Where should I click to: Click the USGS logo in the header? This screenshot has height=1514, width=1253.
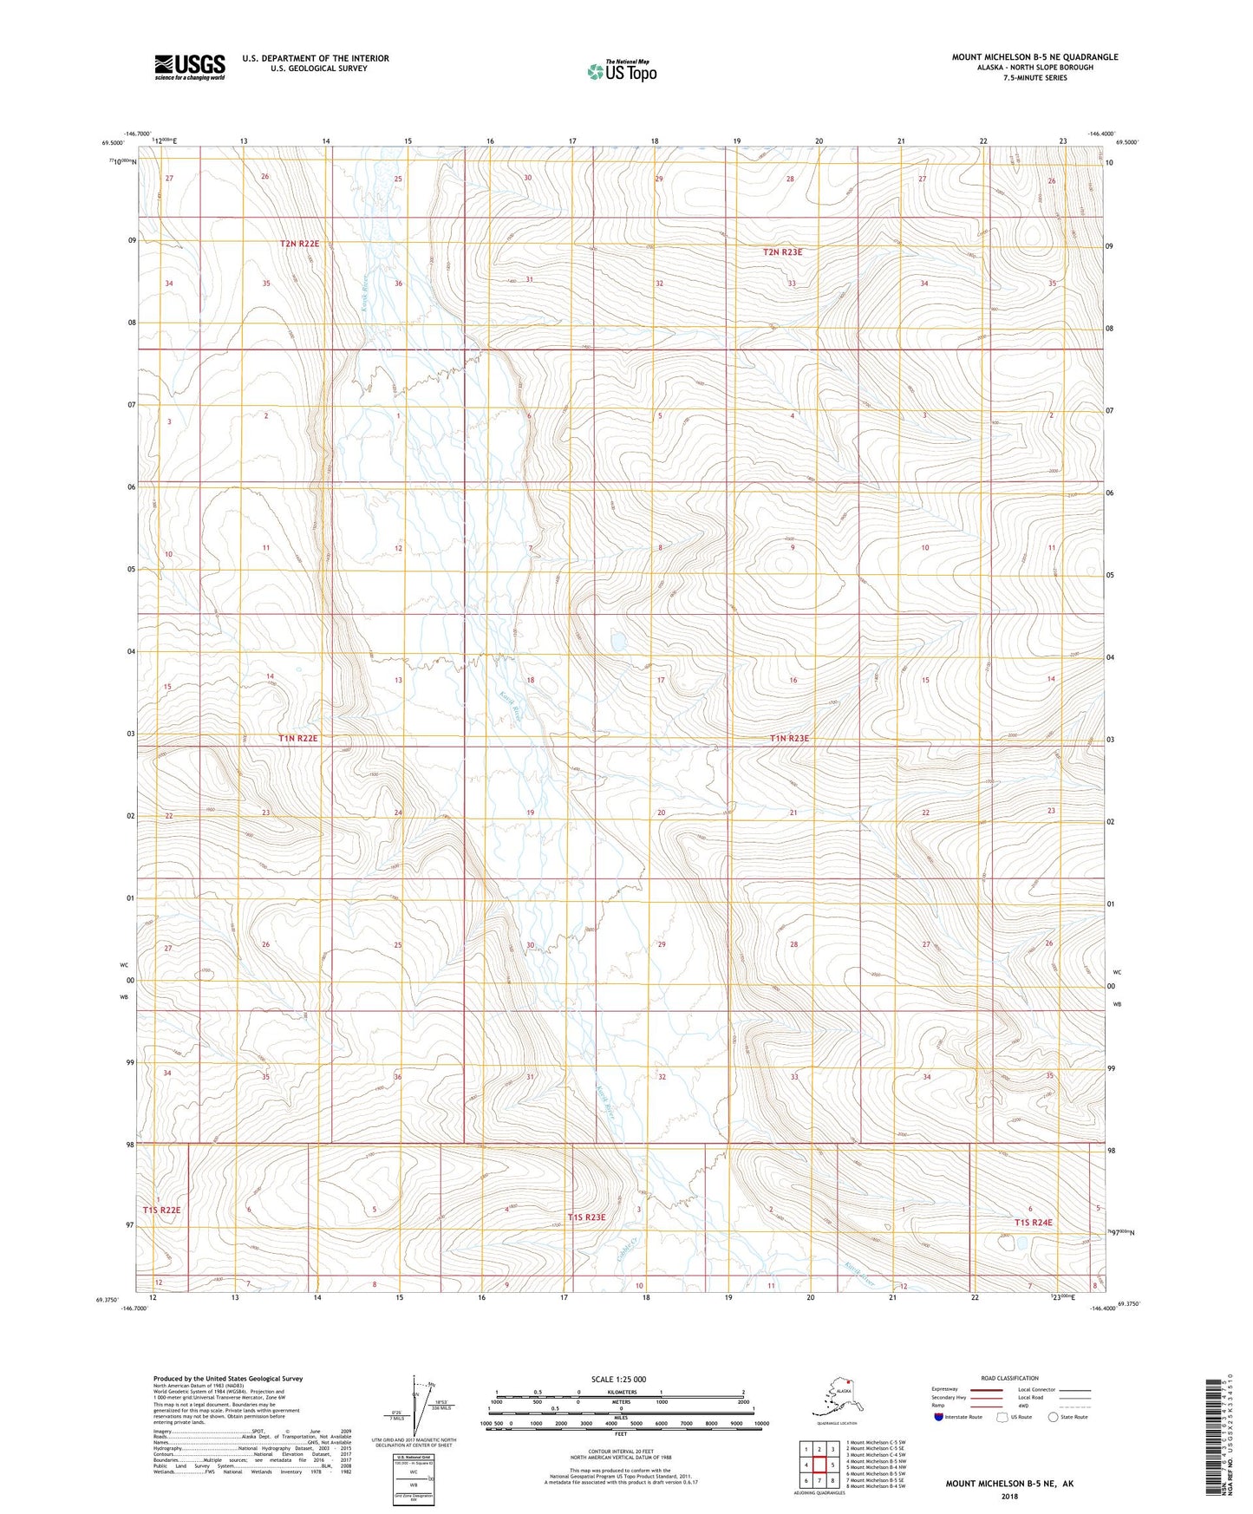(x=189, y=67)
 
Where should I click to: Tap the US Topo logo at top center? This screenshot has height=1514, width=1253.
(x=621, y=70)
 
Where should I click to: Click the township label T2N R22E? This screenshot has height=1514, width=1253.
(x=299, y=244)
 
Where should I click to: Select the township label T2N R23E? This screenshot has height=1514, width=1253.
(x=782, y=252)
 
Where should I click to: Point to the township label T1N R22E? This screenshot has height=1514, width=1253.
(x=298, y=738)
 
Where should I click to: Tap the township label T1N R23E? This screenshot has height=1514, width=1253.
(x=789, y=738)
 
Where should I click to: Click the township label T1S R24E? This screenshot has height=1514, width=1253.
(x=1033, y=1223)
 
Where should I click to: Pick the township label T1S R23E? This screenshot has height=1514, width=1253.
(x=586, y=1217)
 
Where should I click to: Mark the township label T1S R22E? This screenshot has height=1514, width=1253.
(x=162, y=1210)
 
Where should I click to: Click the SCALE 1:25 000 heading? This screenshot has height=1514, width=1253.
(x=619, y=1380)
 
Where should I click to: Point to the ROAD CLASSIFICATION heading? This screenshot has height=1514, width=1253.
(x=1009, y=1378)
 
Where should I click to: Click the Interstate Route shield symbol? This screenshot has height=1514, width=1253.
(x=938, y=1417)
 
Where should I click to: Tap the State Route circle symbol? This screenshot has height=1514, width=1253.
(x=1054, y=1417)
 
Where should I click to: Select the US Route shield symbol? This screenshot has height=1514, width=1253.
(x=1002, y=1417)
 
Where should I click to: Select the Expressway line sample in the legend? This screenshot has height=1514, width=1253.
(x=986, y=1389)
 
